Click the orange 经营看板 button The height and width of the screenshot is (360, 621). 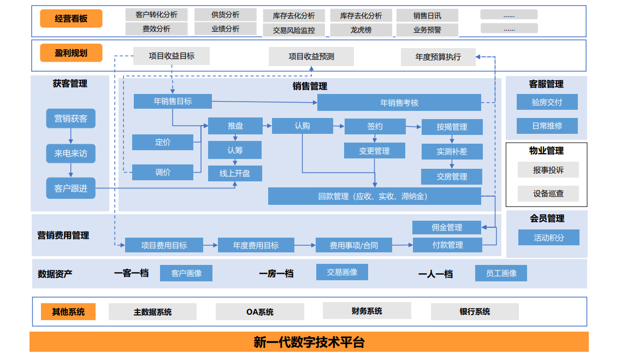(x=71, y=19)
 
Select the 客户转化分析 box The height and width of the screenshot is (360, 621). (x=156, y=15)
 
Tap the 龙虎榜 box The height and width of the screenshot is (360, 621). (x=361, y=30)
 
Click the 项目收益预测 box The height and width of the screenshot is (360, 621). (x=311, y=56)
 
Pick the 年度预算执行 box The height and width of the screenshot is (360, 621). (x=438, y=57)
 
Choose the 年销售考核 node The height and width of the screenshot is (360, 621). (x=399, y=103)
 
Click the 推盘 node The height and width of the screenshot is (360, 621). (x=235, y=126)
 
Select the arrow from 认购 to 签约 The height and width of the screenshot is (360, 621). (x=339, y=126)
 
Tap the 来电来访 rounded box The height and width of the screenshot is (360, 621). (x=70, y=154)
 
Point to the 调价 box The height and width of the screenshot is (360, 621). (x=163, y=172)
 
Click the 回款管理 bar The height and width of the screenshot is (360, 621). (x=374, y=196)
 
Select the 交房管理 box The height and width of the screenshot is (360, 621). (x=452, y=176)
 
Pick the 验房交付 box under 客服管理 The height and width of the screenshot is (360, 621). (x=547, y=102)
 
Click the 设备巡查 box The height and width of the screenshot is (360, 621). (x=548, y=193)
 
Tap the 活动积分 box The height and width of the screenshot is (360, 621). (x=549, y=238)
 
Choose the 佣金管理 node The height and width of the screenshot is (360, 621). (x=447, y=227)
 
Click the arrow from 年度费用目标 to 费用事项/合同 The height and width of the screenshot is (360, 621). (x=305, y=245)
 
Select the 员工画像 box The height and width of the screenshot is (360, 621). (x=501, y=273)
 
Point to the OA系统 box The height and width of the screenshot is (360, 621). (x=259, y=312)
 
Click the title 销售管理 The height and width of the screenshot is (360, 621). (x=310, y=86)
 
